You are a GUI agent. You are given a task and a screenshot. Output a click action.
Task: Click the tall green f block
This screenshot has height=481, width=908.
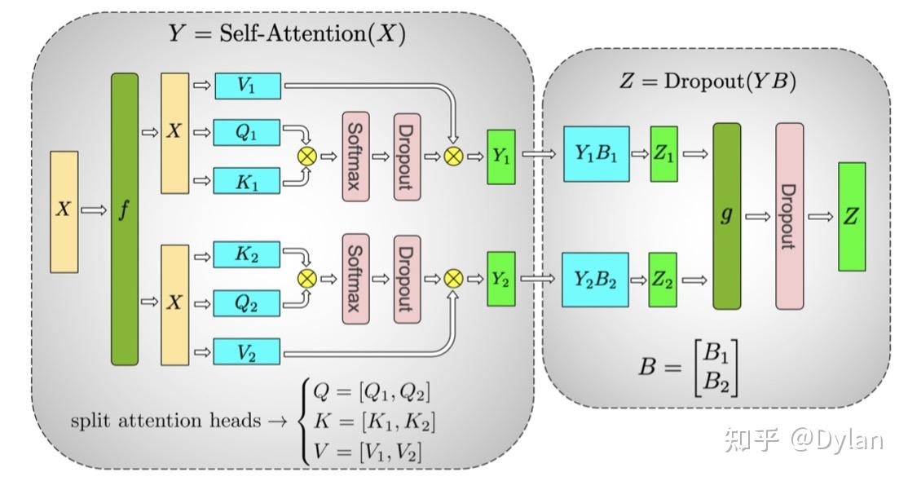[x=124, y=218]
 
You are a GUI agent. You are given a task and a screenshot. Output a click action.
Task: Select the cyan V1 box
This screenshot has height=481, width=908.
[x=247, y=86]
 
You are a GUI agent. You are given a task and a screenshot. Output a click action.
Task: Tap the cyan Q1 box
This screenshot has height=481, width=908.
[x=247, y=133]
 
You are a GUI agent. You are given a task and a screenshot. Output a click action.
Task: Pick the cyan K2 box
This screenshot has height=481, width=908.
[x=247, y=254]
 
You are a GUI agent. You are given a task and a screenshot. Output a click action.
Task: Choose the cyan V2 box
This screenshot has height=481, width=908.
[x=247, y=351]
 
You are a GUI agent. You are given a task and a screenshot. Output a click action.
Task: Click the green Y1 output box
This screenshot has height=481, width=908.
[x=500, y=156]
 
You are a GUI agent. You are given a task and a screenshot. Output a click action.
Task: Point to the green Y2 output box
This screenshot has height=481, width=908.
[x=500, y=279]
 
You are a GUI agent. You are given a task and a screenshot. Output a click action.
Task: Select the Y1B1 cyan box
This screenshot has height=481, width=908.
[x=596, y=154]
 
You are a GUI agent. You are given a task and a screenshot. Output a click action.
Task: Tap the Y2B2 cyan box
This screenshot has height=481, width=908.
[x=596, y=279]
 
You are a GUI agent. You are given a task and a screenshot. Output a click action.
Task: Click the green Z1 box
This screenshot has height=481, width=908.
[x=663, y=153]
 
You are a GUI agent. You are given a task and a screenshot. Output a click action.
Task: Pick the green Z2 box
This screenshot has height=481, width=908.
[x=663, y=279]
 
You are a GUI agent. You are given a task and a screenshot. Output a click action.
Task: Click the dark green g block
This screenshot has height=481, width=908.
[x=726, y=216]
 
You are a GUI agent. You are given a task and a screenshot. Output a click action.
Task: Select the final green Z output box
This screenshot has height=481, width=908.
[x=852, y=216]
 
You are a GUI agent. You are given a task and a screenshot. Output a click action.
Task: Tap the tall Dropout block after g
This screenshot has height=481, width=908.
[x=789, y=216]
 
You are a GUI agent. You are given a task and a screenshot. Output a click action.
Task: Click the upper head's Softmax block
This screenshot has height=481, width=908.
[x=355, y=156]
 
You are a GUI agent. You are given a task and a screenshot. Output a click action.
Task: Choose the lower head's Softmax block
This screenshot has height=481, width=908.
[x=355, y=279]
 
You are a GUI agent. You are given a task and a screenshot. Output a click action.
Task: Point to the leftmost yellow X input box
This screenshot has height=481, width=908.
[x=64, y=210]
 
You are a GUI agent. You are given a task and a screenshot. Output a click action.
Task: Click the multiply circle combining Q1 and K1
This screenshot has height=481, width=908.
[x=307, y=156]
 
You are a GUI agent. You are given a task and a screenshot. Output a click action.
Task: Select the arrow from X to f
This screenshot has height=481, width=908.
[x=94, y=210]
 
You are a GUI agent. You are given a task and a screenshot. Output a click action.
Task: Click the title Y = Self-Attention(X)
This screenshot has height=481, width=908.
[x=286, y=34]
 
